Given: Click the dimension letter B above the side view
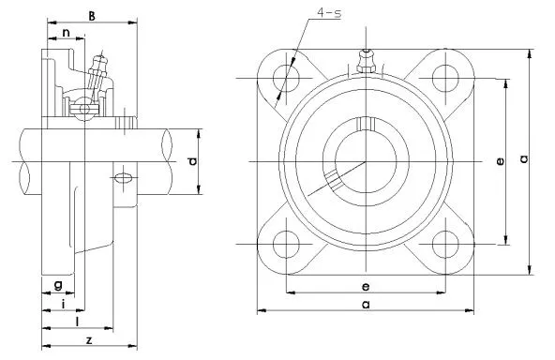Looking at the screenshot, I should click(x=91, y=15).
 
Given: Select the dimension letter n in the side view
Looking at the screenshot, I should click(x=66, y=35).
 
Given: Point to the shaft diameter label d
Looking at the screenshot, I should click(x=192, y=161).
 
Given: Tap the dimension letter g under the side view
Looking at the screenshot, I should click(x=58, y=284).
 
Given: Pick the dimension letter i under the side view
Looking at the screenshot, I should click(x=63, y=304).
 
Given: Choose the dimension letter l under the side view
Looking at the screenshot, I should click(x=75, y=322).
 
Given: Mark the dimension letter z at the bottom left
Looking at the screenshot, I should click(x=87, y=338).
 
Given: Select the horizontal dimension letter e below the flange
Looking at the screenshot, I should click(x=365, y=285).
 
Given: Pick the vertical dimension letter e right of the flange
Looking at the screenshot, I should click(x=501, y=161).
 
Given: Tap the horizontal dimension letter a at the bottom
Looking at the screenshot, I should click(x=365, y=305).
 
